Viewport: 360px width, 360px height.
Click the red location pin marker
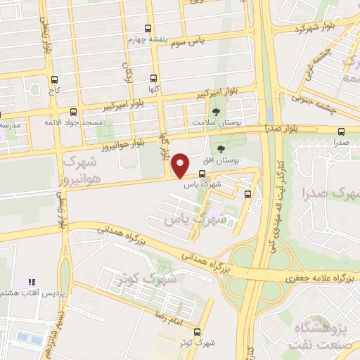pos(181,166)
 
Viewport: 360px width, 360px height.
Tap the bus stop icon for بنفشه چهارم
pos(147,29)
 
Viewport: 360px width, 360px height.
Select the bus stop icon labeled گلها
pos(154,79)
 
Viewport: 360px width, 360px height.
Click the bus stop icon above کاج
pos(54,81)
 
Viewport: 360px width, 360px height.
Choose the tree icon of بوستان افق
pos(222,149)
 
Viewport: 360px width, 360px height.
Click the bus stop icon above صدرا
pos(342,131)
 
